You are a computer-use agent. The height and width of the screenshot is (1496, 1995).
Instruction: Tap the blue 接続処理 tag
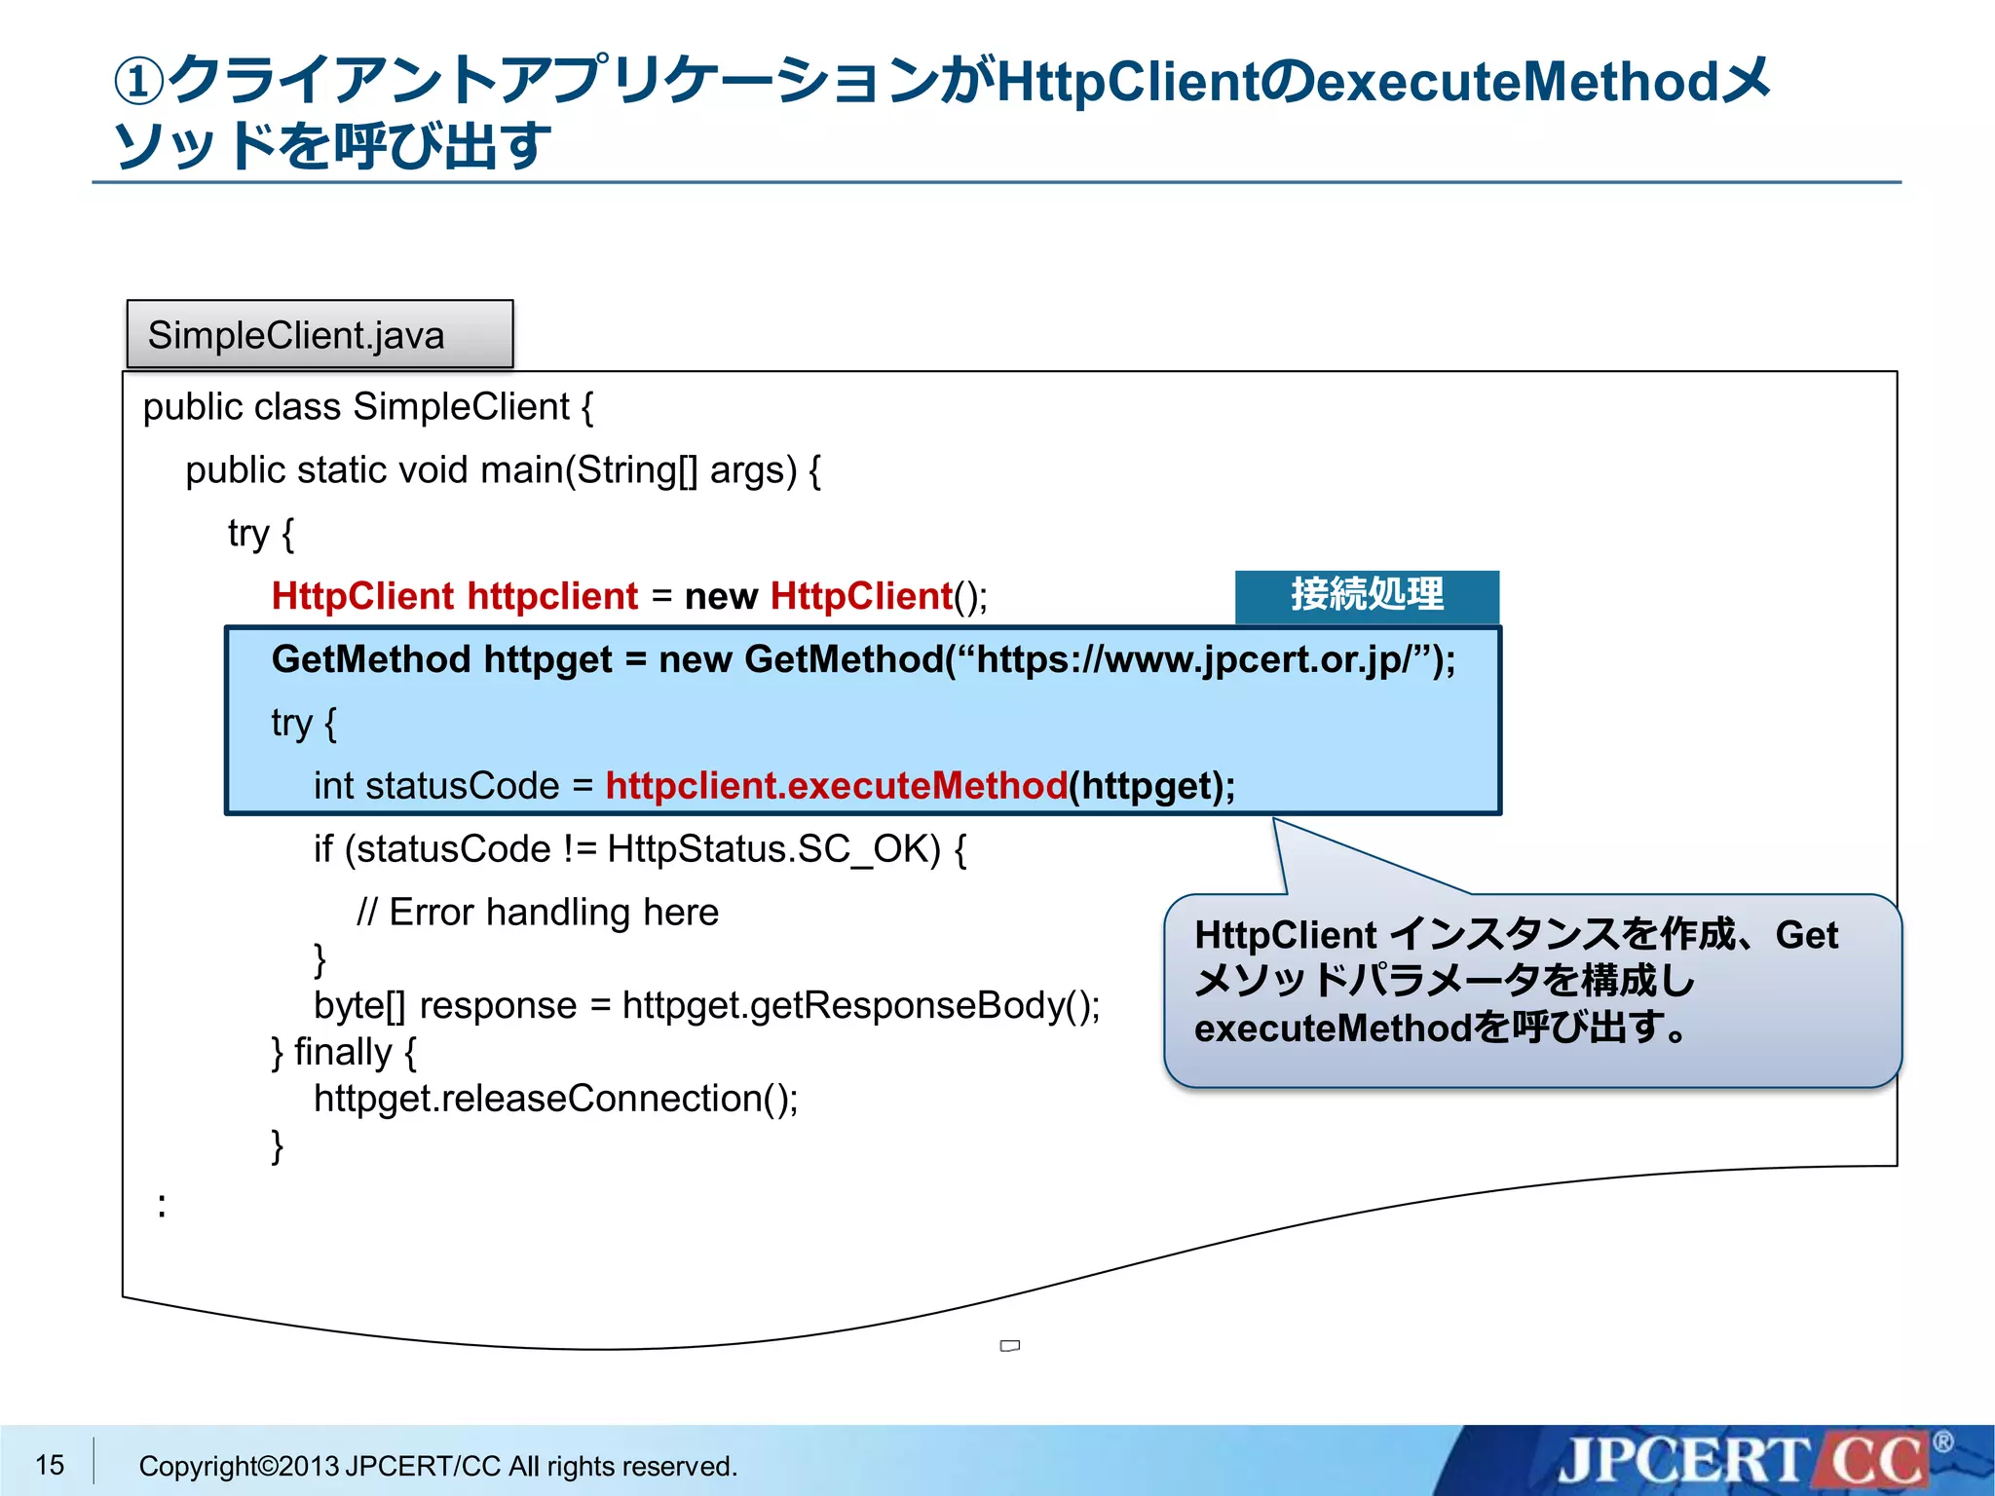click(1367, 595)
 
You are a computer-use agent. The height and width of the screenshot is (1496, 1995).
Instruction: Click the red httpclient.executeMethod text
click(836, 786)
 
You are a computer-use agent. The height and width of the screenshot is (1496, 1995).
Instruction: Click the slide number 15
click(50, 1464)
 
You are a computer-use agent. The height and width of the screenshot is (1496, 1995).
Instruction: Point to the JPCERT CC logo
click(1744, 1461)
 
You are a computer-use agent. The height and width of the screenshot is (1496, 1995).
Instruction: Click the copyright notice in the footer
click(438, 1466)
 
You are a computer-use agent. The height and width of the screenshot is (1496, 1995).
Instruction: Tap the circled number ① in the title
click(139, 82)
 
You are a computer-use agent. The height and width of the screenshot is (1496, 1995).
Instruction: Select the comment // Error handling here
click(538, 913)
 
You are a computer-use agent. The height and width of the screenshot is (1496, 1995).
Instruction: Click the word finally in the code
click(343, 1052)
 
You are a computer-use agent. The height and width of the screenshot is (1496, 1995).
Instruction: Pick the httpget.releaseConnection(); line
click(555, 1099)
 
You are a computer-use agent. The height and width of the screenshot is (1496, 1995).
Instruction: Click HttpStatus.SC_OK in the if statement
click(773, 849)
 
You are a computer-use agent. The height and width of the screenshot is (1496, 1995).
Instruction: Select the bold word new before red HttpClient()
click(721, 596)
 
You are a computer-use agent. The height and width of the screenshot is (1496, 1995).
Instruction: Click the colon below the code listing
click(162, 1206)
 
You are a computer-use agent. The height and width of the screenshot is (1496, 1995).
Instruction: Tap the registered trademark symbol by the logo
click(1942, 1441)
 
